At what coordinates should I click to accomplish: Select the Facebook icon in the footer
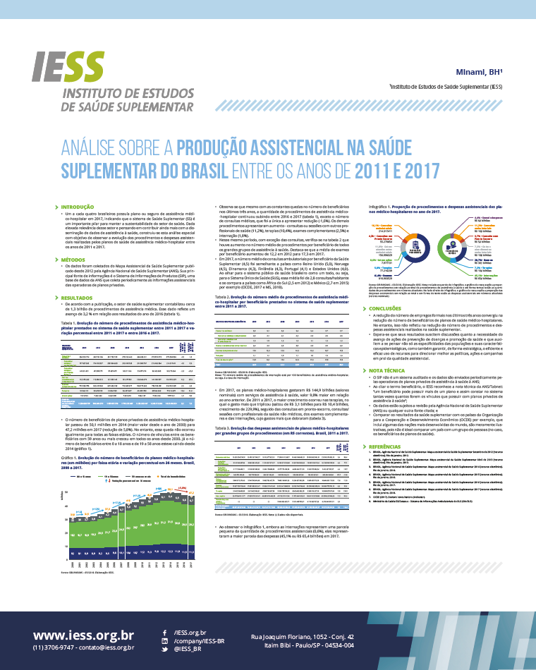(164, 633)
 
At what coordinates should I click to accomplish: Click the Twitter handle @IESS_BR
(187, 650)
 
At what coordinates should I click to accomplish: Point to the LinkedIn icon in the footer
(164, 642)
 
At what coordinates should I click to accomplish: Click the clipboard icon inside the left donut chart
(415, 246)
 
